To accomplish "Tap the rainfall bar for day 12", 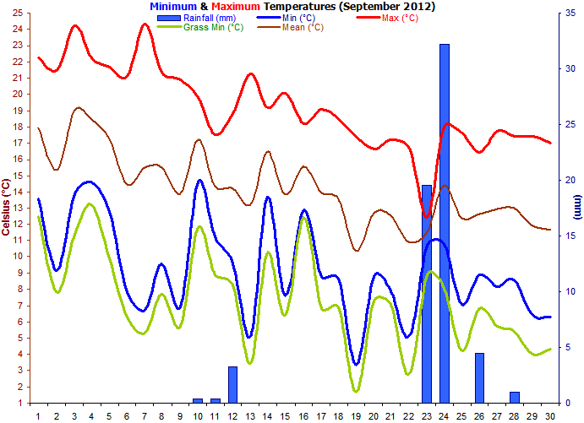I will click(232, 384).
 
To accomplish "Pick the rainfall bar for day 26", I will click(479, 377).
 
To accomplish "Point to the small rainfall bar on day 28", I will click(514, 397).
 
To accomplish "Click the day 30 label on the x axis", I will click(549, 416).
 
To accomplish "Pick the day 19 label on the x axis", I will click(357, 416).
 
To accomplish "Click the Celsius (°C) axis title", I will click(7, 208).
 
